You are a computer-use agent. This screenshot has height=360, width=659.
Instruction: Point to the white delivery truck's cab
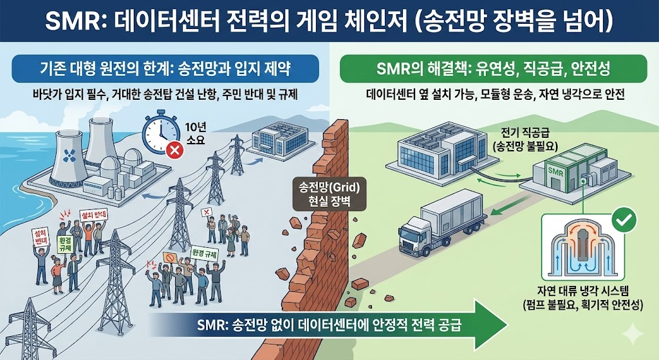[416, 232]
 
